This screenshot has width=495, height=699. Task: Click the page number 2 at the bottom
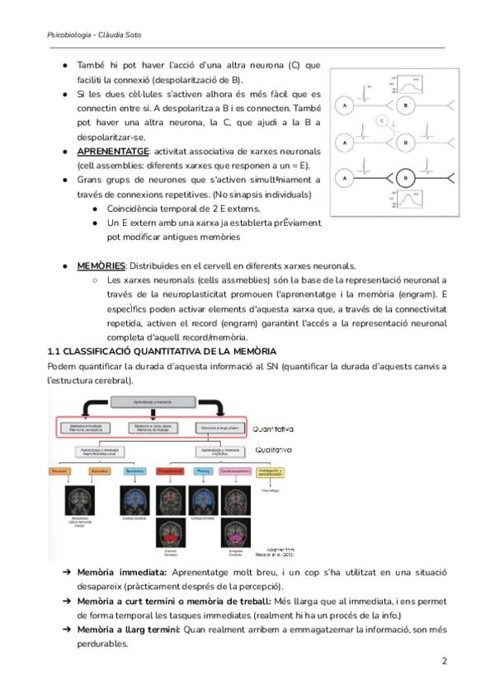point(445,661)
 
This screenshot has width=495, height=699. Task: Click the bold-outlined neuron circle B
point(405,178)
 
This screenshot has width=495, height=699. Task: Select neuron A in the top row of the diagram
point(344,106)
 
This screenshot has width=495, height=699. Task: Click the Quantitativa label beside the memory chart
point(273,429)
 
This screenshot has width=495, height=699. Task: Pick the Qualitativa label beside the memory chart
point(271,450)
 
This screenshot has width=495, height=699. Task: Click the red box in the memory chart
point(169,471)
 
